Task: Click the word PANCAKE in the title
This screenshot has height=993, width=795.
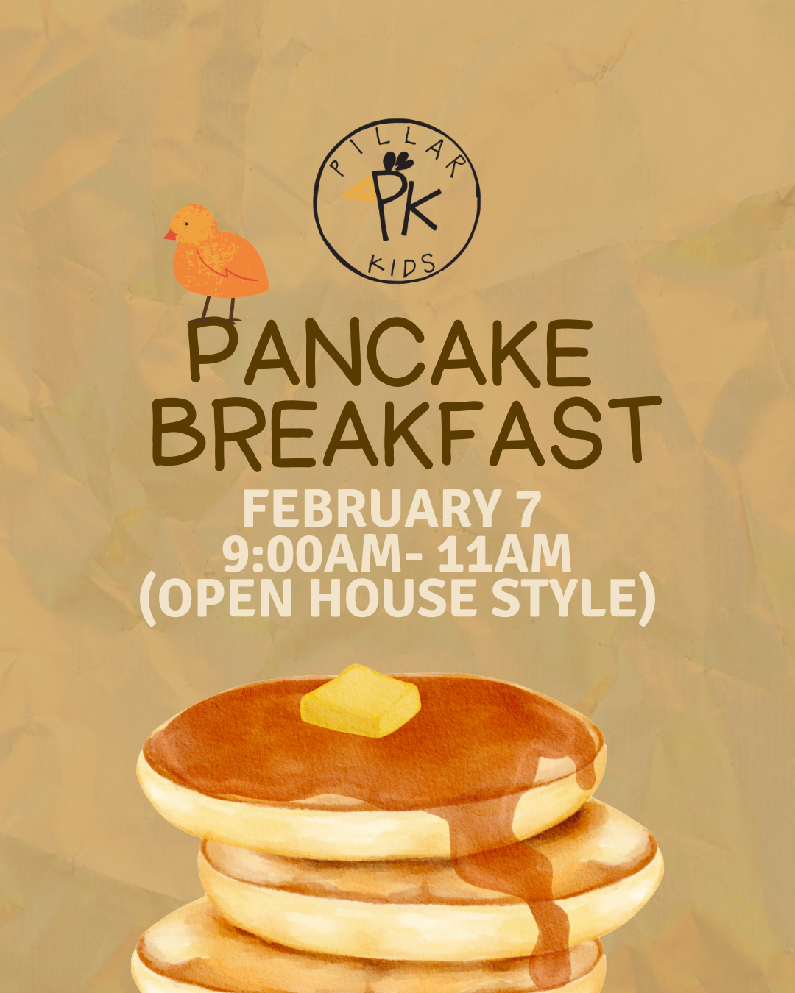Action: coord(390,352)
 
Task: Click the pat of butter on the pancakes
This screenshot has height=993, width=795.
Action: coord(360,700)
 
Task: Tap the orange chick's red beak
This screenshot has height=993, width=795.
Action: coord(170,235)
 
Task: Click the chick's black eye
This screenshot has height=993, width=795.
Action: coord(186,224)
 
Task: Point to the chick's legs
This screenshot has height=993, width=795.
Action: coord(218,309)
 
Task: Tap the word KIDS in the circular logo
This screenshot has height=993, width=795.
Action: coord(401,266)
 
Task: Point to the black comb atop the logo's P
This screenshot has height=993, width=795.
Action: coord(396,160)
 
